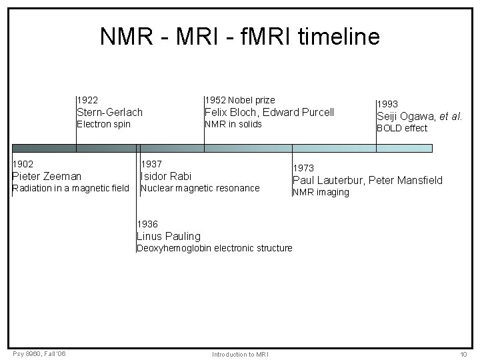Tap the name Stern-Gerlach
(x=110, y=112)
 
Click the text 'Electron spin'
(x=104, y=124)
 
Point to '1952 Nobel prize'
(x=239, y=100)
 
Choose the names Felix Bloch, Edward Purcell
(x=269, y=112)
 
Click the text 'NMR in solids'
(x=233, y=124)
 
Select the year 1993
(x=388, y=104)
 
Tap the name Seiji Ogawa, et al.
(x=419, y=116)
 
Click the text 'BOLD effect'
(x=402, y=128)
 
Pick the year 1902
(x=23, y=164)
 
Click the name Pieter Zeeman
(x=47, y=176)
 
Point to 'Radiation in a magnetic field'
(x=71, y=188)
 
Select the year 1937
(x=151, y=164)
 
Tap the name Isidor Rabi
(x=166, y=176)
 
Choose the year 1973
(x=304, y=168)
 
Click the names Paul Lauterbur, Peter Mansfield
(x=367, y=180)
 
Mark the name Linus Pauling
(x=168, y=236)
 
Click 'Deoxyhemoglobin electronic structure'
(x=214, y=248)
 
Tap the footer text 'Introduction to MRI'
(x=240, y=353)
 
